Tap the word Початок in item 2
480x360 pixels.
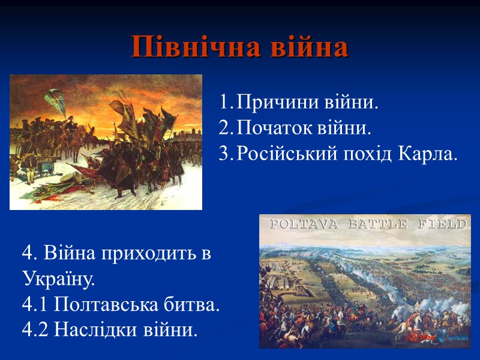tap(271, 128)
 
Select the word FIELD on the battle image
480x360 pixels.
tap(445, 224)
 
